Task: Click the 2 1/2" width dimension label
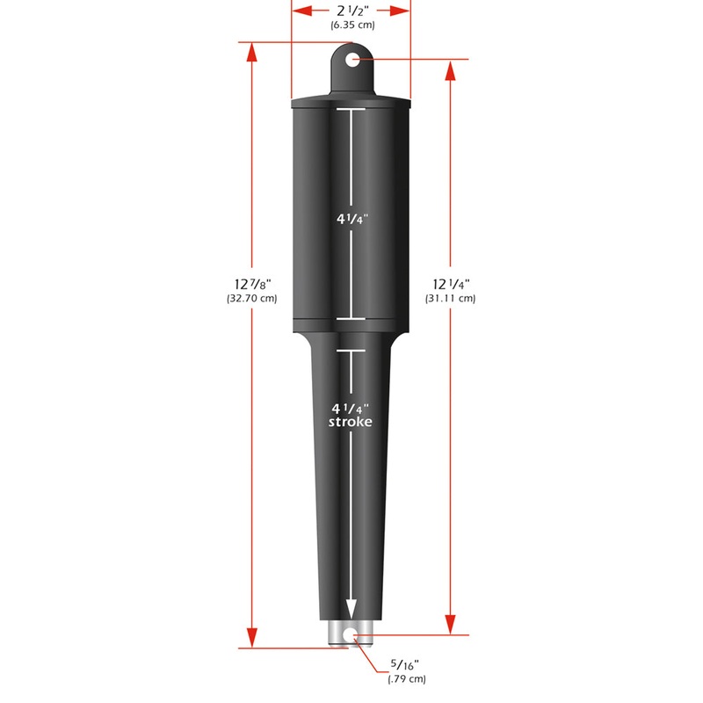click(351, 11)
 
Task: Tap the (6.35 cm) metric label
click(351, 25)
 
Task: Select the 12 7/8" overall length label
click(251, 283)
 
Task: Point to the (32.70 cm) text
click(251, 299)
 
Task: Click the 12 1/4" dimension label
click(451, 283)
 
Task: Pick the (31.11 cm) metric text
click(451, 299)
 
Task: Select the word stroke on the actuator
click(351, 423)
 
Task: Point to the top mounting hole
click(352, 60)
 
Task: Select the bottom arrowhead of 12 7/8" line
click(252, 640)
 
